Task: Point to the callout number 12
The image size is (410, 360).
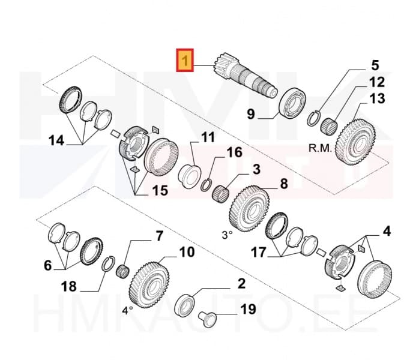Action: tap(377, 82)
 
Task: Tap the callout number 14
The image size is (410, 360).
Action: tap(56, 141)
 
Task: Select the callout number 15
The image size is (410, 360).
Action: tap(159, 191)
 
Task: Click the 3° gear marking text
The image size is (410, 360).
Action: tap(226, 236)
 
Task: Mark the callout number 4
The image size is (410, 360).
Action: tap(387, 230)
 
